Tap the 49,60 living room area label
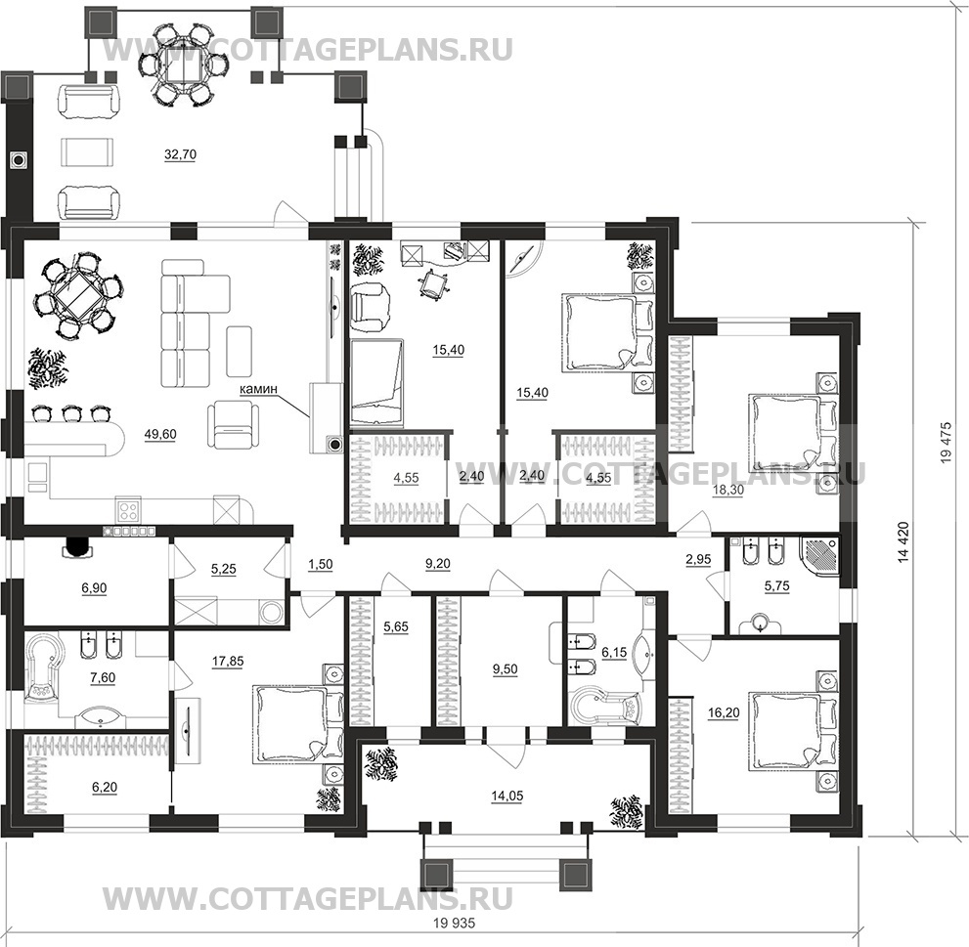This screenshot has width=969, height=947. click(159, 436)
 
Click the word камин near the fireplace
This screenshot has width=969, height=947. click(258, 389)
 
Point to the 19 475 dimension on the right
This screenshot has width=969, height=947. click(946, 449)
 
